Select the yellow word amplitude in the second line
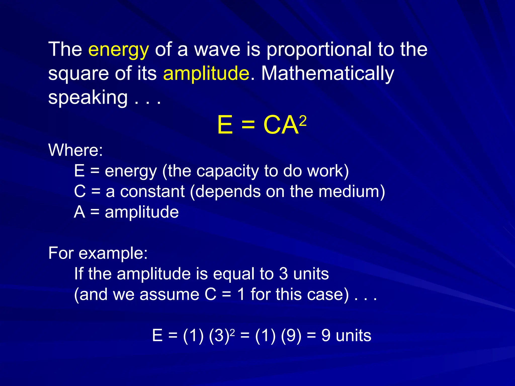(x=206, y=73)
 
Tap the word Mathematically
(x=327, y=74)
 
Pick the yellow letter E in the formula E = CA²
(x=225, y=125)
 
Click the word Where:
(x=75, y=150)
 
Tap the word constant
(x=152, y=191)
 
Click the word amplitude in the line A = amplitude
(x=142, y=212)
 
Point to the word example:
(x=113, y=253)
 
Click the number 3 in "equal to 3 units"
(x=283, y=274)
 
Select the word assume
(x=169, y=295)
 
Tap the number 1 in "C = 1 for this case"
(x=241, y=295)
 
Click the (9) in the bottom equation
(x=291, y=336)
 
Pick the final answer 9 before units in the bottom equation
(x=326, y=336)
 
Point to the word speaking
(x=88, y=98)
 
